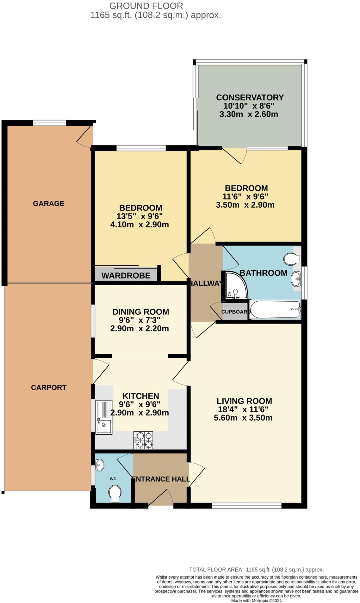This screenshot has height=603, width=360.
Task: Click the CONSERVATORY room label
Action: [250, 97]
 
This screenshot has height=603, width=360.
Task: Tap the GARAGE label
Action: [49, 203]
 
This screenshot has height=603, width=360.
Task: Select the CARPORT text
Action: [49, 387]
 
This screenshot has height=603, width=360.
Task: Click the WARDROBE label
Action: [126, 276]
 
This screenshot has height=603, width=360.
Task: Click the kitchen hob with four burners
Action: [143, 440]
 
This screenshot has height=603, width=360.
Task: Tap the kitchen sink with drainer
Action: [104, 417]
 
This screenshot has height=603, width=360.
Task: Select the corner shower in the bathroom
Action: [236, 285]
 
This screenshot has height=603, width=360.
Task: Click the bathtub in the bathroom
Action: [275, 309]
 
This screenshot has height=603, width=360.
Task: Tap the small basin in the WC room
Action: [100, 465]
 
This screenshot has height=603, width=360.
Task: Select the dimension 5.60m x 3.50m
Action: [243, 418]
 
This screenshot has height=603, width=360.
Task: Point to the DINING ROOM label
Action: [141, 312]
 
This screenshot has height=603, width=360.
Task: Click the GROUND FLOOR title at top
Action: [146, 6]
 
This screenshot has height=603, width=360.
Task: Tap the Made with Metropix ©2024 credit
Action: [256, 601]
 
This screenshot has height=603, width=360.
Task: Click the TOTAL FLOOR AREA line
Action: [256, 570]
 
